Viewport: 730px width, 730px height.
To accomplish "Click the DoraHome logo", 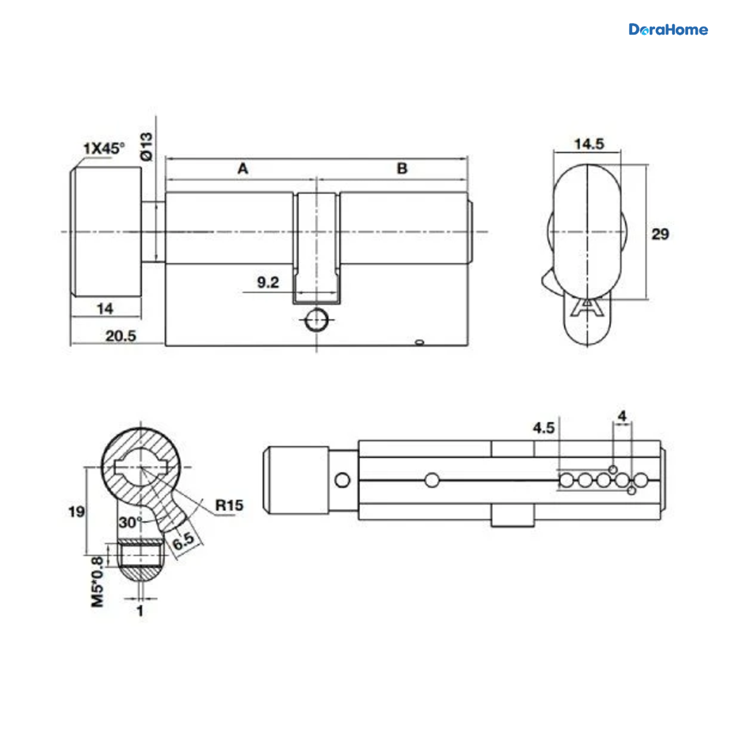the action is point(668,30).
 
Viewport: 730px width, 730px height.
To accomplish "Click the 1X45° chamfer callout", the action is point(104,148).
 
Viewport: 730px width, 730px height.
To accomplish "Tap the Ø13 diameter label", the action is point(147,147).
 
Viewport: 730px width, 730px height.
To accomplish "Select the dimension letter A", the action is point(243,169).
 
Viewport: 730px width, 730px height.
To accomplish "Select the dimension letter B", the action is point(402,169).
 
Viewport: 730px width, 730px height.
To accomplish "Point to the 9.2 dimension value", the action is point(268,282).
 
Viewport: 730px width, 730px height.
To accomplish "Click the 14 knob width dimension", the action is point(105,309).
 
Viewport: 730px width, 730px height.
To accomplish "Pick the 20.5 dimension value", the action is point(120,336).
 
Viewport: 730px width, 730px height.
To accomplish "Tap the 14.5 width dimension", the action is point(589,144).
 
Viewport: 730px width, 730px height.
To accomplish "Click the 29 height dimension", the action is point(660,234).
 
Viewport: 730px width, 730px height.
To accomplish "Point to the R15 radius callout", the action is point(229,505).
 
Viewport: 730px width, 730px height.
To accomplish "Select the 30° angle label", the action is point(130,523).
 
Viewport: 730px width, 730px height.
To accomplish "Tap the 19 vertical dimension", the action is point(76,512).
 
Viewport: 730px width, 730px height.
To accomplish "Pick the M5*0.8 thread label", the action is point(97,582).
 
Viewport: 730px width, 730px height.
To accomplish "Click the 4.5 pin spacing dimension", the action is point(544,428).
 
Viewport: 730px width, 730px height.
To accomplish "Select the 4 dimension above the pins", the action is point(622,416).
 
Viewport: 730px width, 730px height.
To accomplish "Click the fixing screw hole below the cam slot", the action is point(317,320).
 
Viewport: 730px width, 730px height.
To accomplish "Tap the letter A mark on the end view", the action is point(587,308).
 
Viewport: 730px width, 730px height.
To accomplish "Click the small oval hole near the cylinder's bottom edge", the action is point(419,342).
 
